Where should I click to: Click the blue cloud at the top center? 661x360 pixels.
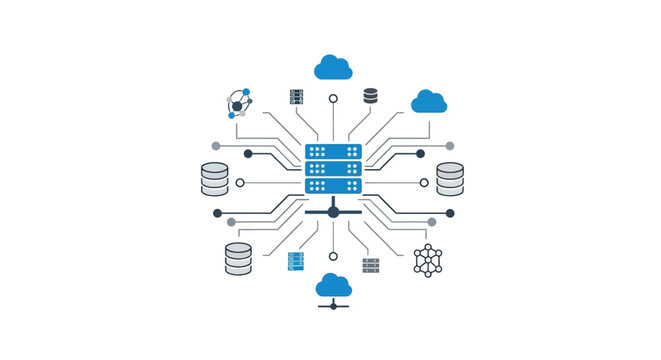pyautogui.click(x=333, y=67)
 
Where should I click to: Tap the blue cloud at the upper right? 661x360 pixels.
pyautogui.click(x=429, y=101)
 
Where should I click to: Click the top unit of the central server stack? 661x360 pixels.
pyautogui.click(x=332, y=152)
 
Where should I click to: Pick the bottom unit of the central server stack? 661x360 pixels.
pyautogui.click(x=332, y=185)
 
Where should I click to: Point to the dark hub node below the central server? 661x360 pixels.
pyautogui.click(x=333, y=212)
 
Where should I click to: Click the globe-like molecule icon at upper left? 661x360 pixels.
pyautogui.click(x=239, y=103)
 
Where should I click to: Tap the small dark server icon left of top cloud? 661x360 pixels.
pyautogui.click(x=295, y=97)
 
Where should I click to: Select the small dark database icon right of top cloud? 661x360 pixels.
pyautogui.click(x=371, y=96)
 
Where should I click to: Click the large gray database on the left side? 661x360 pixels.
pyautogui.click(x=215, y=178)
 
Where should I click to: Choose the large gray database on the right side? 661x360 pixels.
pyautogui.click(x=450, y=178)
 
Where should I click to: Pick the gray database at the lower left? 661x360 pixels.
pyautogui.click(x=238, y=259)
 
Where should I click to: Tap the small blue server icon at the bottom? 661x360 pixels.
pyautogui.click(x=295, y=263)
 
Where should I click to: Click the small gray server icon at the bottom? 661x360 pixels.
pyautogui.click(x=371, y=265)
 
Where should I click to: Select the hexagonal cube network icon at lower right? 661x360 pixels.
pyautogui.click(x=428, y=260)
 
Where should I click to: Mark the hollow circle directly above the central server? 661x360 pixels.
pyautogui.click(x=333, y=99)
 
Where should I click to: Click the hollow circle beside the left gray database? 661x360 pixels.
pyautogui.click(x=240, y=183)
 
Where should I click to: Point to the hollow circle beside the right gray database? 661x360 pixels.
pyautogui.click(x=425, y=183)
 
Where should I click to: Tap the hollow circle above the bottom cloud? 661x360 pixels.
pyautogui.click(x=333, y=256)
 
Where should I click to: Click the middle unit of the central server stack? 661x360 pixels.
pyautogui.click(x=332, y=169)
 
